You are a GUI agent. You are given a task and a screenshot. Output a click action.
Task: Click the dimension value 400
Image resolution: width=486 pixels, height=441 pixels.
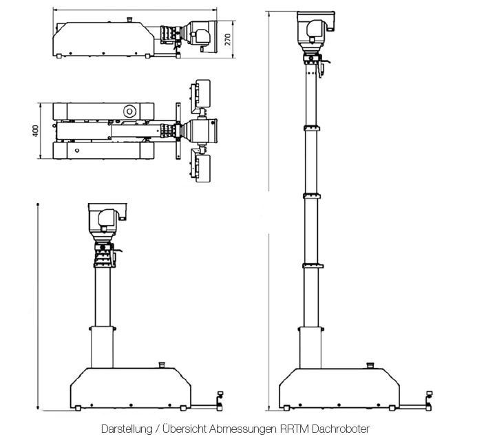pos(36,131)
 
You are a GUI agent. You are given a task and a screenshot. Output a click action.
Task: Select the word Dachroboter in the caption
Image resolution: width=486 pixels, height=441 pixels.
pos(340,429)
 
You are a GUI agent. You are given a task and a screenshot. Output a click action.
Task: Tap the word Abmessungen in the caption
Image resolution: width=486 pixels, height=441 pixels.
pos(245,429)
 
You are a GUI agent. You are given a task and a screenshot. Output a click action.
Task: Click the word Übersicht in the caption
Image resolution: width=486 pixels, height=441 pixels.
pos(185,429)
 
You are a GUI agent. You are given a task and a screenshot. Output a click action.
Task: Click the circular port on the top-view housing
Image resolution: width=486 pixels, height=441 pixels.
pos(129,110)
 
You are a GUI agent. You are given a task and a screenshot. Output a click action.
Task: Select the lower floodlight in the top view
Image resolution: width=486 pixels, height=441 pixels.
pos(204,169)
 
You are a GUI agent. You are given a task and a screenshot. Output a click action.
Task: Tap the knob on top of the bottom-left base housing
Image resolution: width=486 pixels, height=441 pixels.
pos(162,364)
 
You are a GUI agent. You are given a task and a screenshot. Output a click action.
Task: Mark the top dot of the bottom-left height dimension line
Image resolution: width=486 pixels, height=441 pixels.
pos(37,204)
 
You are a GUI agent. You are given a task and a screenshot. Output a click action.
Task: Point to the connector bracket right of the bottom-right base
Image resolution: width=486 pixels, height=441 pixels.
pos(429,398)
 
